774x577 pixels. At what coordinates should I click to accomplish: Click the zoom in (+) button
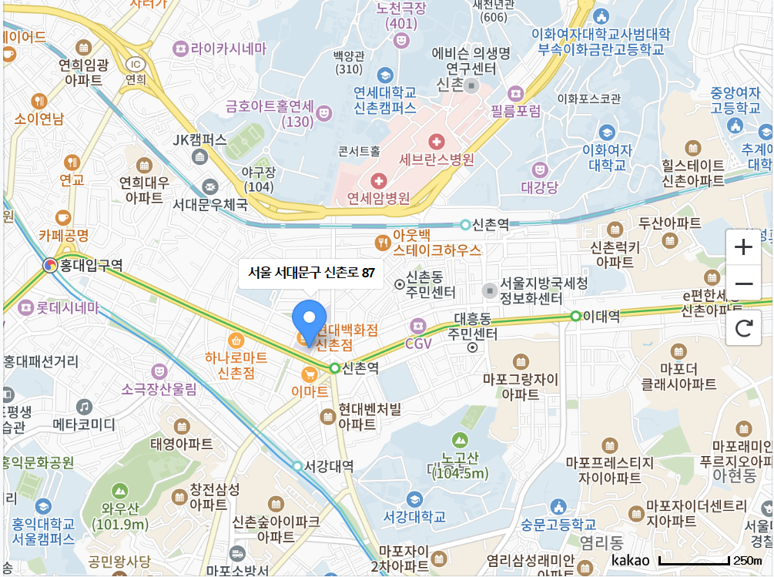pyautogui.click(x=743, y=247)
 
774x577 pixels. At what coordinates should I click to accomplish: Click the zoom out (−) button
pyautogui.click(x=743, y=284)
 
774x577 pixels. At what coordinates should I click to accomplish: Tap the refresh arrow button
pyautogui.click(x=743, y=328)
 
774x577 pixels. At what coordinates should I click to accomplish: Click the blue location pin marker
pyautogui.click(x=310, y=322)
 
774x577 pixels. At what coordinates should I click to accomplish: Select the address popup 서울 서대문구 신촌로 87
pyautogui.click(x=310, y=273)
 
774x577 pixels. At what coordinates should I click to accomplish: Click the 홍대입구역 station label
pyautogui.click(x=95, y=266)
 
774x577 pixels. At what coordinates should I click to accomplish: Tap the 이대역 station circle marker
pyautogui.click(x=575, y=316)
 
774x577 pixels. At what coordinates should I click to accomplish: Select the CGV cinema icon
pyautogui.click(x=418, y=326)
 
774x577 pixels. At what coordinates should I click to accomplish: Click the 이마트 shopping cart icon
pyautogui.click(x=309, y=374)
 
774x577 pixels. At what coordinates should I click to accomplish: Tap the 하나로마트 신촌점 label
pyautogui.click(x=236, y=365)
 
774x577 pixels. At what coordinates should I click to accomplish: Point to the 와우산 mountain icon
pyautogui.click(x=119, y=490)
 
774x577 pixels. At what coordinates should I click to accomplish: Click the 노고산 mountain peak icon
pyautogui.click(x=460, y=440)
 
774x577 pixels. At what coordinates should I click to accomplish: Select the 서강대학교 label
pyautogui.click(x=414, y=516)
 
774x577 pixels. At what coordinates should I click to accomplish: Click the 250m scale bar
pyautogui.click(x=694, y=560)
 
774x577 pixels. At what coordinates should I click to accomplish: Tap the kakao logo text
pyautogui.click(x=631, y=560)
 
